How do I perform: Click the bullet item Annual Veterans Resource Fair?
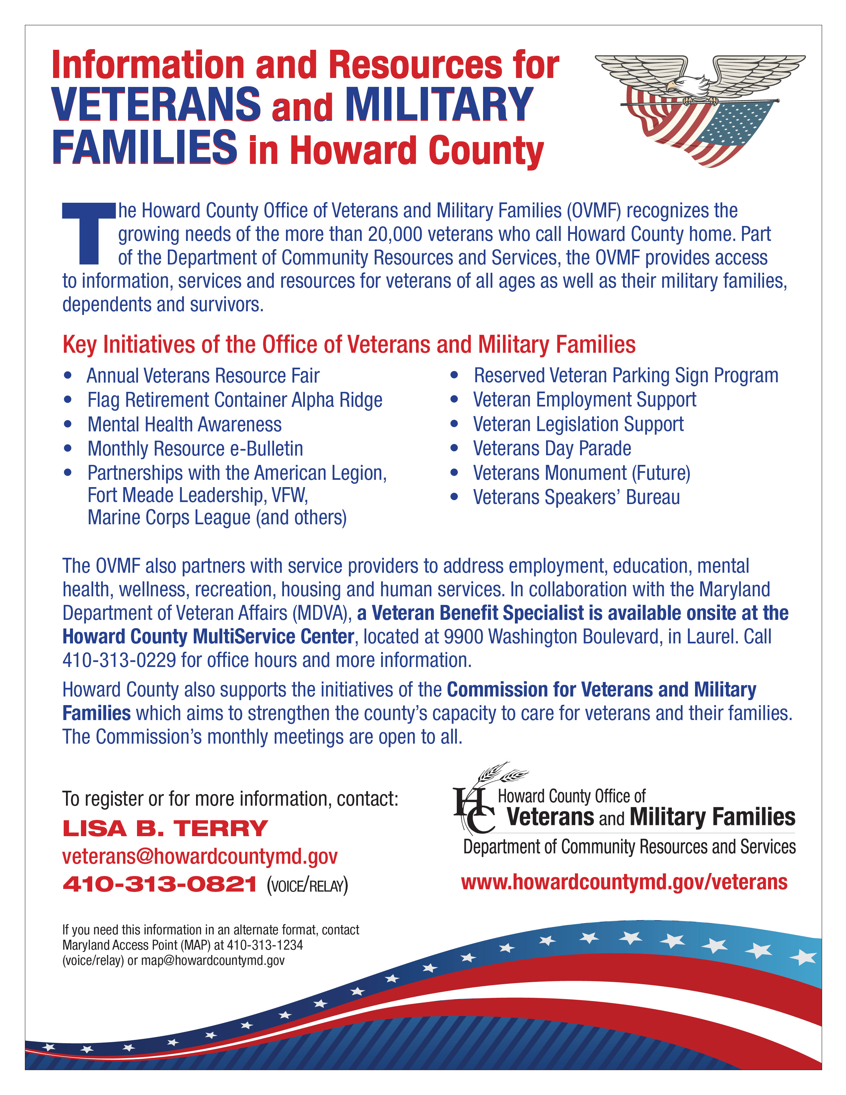203,376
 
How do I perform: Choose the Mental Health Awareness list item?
184,425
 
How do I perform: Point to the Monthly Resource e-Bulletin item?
195,449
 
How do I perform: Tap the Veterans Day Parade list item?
552,448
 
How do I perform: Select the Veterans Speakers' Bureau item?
576,497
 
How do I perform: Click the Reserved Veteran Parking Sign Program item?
626,376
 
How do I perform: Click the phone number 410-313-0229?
119,660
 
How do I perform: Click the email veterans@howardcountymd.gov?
199,856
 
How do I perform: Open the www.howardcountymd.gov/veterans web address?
624,882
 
